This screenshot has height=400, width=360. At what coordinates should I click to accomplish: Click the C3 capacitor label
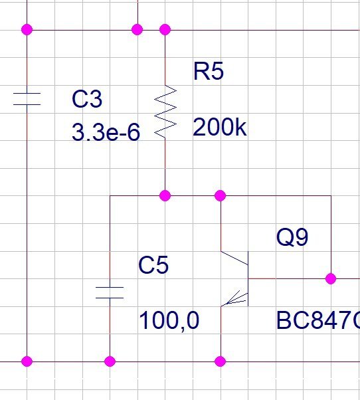coord(87,99)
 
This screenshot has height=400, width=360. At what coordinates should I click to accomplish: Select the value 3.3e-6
coord(106,132)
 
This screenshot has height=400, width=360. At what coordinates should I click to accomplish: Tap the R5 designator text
coord(209,71)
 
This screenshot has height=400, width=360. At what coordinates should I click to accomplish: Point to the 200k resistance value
coord(220,127)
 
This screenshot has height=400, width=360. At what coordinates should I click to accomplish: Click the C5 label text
coord(153,265)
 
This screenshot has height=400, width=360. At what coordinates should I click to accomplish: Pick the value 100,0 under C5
coord(169,321)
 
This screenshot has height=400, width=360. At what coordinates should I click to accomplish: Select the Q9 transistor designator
coord(292,237)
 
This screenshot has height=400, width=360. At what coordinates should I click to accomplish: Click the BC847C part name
coord(317,320)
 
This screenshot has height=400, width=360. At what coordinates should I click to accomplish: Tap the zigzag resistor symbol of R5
coord(165,112)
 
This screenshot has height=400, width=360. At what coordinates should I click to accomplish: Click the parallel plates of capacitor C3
coord(27,99)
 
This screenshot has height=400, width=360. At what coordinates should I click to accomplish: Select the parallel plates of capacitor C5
coord(110,292)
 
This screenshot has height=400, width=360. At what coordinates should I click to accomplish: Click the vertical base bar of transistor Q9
coord(248,278)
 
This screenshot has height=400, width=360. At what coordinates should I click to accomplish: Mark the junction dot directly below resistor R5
coord(165,195)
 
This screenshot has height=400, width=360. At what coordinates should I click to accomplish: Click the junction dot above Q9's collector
coord(221,195)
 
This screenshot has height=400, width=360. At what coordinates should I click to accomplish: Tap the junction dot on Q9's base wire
coord(331,278)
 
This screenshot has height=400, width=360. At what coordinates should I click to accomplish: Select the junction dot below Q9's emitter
coord(221,361)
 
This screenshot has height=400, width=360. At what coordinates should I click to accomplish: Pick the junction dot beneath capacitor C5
coord(110,361)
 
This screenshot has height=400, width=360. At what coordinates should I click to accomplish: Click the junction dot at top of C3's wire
coord(27,30)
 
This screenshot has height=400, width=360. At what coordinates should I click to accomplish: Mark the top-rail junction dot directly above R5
coord(165,30)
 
